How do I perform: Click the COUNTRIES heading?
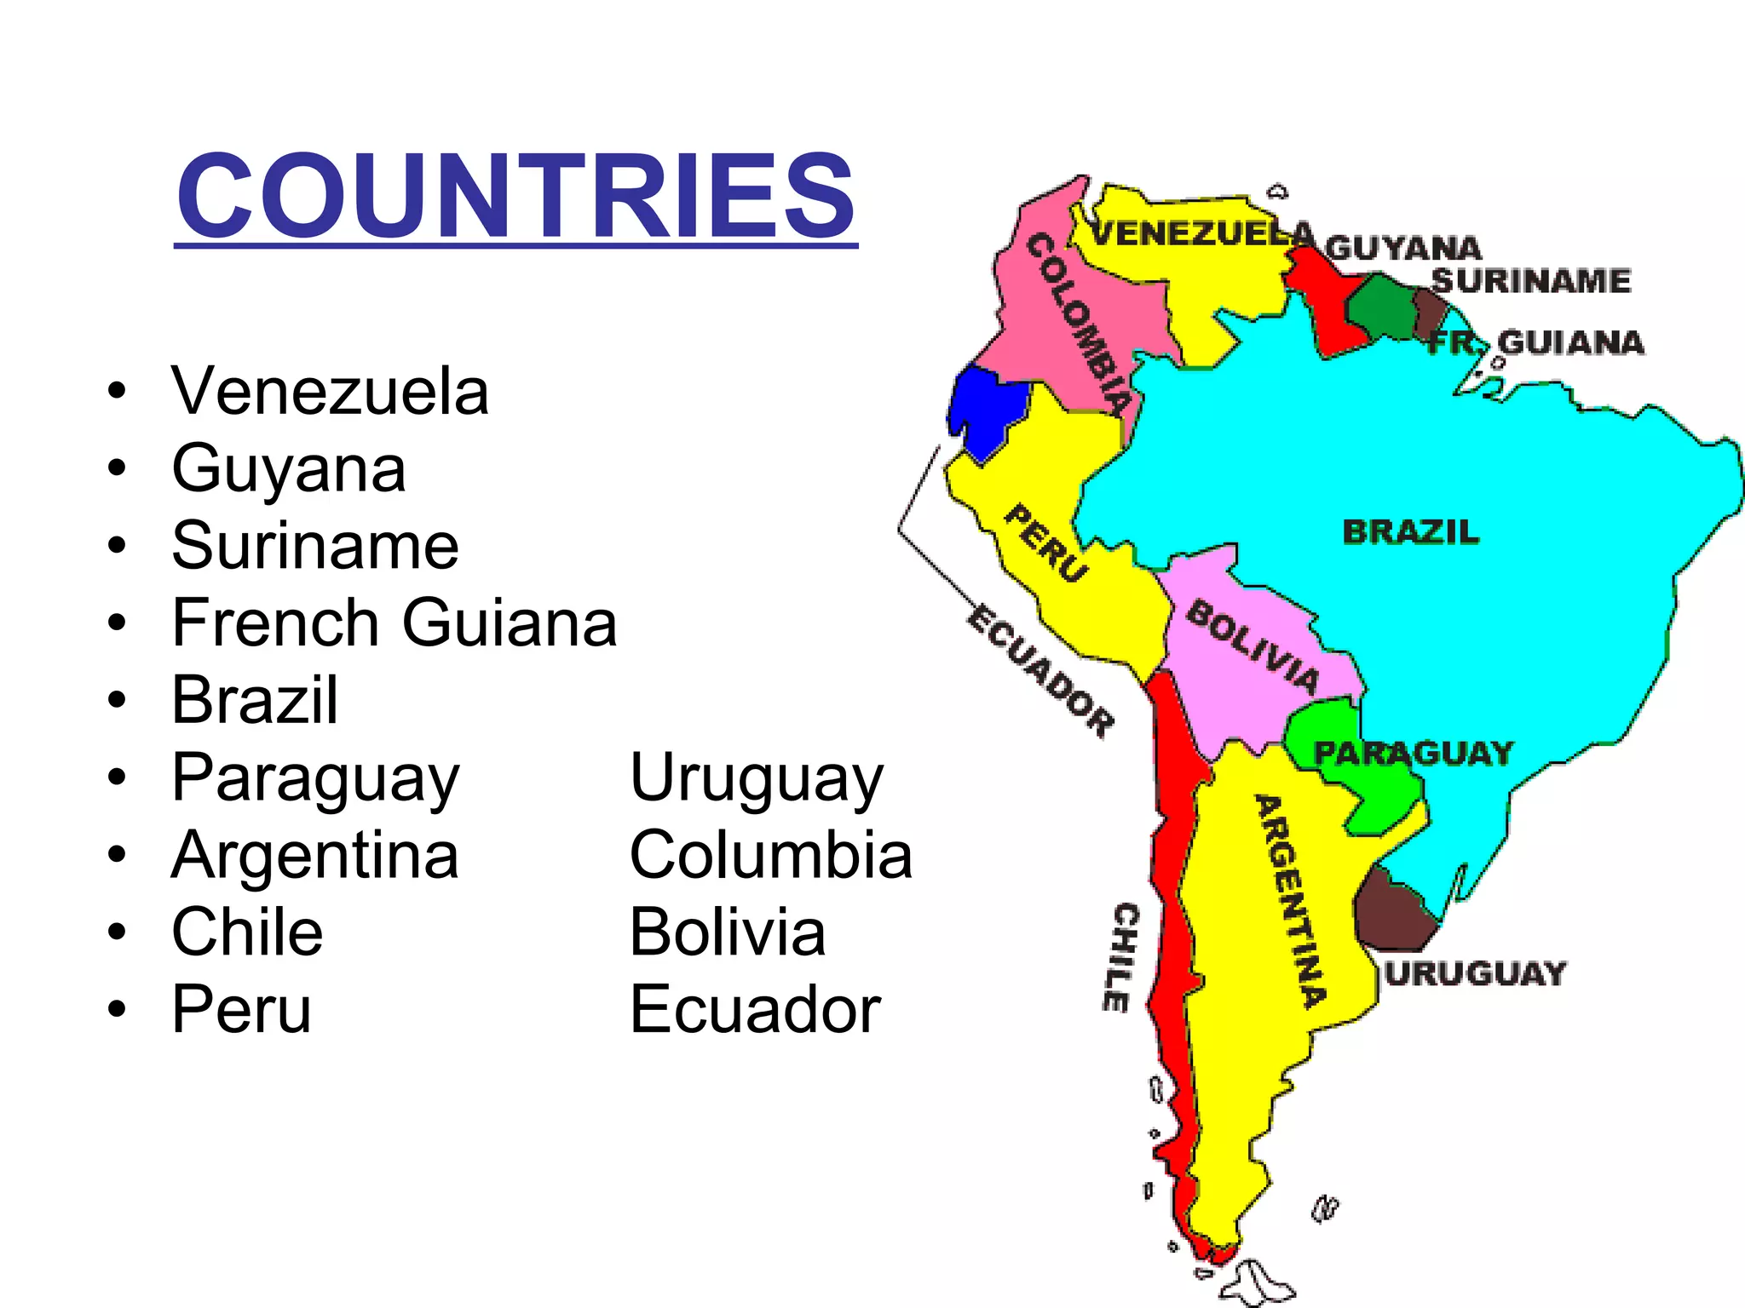tap(515, 196)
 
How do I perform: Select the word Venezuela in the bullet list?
tap(331, 392)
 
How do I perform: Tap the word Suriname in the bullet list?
tap(315, 546)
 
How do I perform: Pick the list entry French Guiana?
tap(394, 623)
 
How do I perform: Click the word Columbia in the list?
tap(771, 855)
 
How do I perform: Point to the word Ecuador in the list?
tap(755, 1010)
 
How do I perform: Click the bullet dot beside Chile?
tap(117, 932)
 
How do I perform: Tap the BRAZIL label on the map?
tap(1411, 532)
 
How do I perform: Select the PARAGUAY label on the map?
tap(1413, 754)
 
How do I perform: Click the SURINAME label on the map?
tap(1531, 280)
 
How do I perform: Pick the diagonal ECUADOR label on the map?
tap(1041, 670)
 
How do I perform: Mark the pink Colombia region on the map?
tap(1057, 324)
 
